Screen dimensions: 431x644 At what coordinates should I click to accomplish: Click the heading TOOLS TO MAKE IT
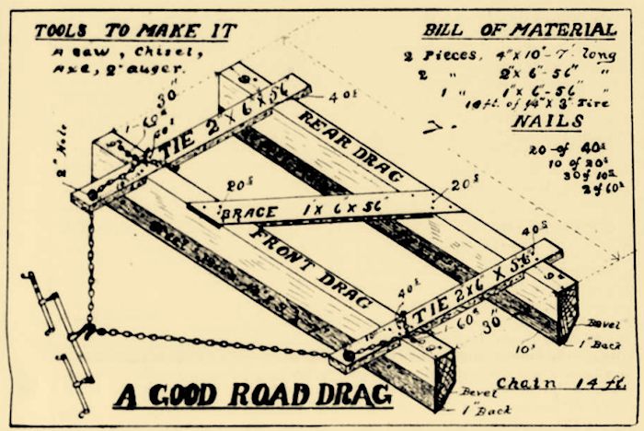[134, 31]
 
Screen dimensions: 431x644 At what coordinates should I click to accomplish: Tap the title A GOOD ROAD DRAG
[252, 394]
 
